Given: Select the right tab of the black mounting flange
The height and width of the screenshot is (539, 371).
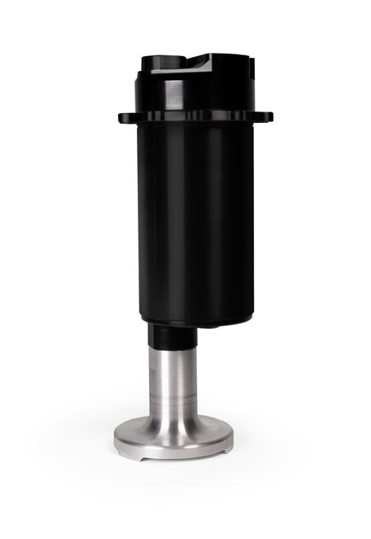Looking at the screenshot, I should [265, 117].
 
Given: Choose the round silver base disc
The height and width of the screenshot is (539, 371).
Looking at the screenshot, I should [173, 439].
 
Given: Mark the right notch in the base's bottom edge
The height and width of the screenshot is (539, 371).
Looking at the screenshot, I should [216, 454].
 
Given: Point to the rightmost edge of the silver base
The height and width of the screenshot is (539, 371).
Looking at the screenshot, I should [233, 437].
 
